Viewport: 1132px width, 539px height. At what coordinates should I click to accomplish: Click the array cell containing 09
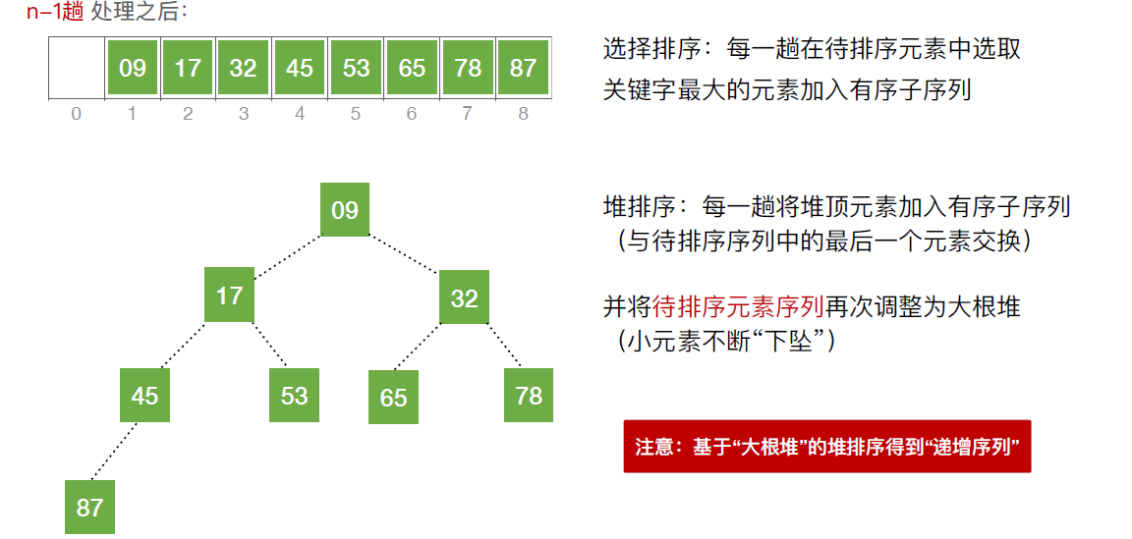point(132,68)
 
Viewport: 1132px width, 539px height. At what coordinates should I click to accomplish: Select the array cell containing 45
point(299,68)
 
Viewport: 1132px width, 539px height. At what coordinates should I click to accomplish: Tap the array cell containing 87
point(523,68)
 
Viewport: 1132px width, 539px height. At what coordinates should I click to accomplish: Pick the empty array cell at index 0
point(76,68)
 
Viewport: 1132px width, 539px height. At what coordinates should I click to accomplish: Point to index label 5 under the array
point(355,114)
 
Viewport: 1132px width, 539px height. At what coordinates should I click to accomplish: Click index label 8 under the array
point(523,114)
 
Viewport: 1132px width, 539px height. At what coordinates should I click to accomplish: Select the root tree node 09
point(345,209)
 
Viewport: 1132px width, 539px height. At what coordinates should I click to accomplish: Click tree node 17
point(229,295)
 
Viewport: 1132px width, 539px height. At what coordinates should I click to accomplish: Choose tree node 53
point(294,396)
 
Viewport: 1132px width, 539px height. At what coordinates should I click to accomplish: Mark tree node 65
point(393,398)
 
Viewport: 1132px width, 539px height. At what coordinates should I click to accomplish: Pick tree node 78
point(529,395)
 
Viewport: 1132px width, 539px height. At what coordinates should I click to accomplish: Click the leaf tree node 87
point(89,507)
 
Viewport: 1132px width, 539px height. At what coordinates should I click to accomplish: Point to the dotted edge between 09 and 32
point(405,253)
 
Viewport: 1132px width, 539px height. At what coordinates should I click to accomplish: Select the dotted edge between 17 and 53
point(266,346)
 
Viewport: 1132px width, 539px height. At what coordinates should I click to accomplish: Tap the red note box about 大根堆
point(826,447)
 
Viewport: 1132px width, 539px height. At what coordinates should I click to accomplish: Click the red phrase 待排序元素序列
point(737,306)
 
